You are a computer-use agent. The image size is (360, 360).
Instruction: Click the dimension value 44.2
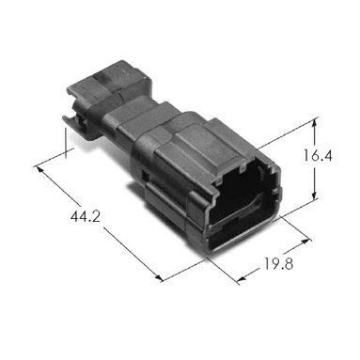86,216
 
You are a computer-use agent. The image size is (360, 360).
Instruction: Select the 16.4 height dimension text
318,156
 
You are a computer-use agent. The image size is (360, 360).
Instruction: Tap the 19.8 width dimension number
278,264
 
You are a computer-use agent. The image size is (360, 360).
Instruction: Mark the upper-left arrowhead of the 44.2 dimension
39,169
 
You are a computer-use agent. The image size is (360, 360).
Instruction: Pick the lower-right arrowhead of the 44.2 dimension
159,277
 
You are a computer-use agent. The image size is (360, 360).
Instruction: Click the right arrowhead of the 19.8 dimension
305,242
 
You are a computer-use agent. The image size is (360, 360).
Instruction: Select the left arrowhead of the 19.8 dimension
242,278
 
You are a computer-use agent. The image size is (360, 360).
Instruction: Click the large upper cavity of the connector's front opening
238,196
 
